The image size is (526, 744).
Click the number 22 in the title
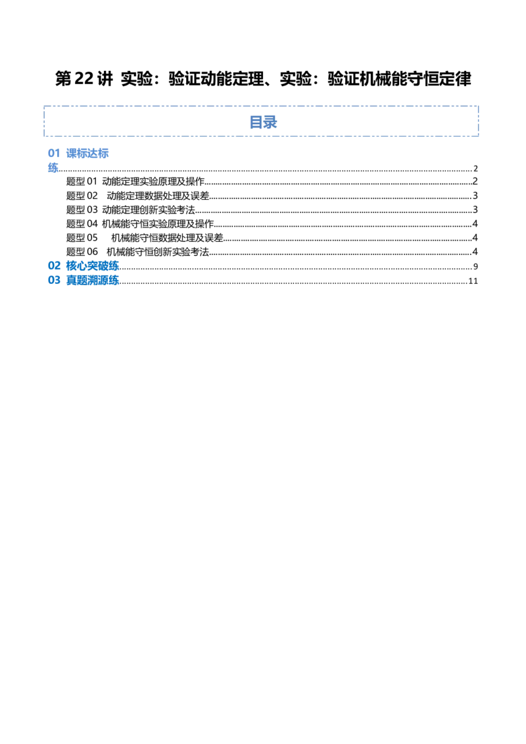[84, 79]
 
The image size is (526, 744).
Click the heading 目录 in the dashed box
[263, 122]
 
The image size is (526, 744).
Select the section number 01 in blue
[54, 153]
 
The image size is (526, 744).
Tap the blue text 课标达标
[87, 153]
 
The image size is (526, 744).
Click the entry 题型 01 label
[82, 181]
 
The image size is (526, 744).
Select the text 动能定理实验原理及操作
[153, 181]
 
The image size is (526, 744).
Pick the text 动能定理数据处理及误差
[158, 195]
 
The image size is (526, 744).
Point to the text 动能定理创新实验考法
[148, 210]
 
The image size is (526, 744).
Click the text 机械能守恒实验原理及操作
[158, 223]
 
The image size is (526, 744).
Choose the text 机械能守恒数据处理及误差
[167, 238]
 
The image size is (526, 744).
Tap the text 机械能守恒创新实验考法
[158, 252]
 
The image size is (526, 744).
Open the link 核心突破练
[92, 266]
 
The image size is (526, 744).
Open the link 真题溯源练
[92, 281]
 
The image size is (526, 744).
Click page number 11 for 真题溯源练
[473, 281]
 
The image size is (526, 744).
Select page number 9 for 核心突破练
[475, 267]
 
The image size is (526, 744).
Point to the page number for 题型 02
[475, 196]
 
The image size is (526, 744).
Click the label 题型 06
[82, 252]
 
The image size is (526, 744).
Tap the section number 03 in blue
[54, 281]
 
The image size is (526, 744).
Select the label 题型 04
[82, 223]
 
